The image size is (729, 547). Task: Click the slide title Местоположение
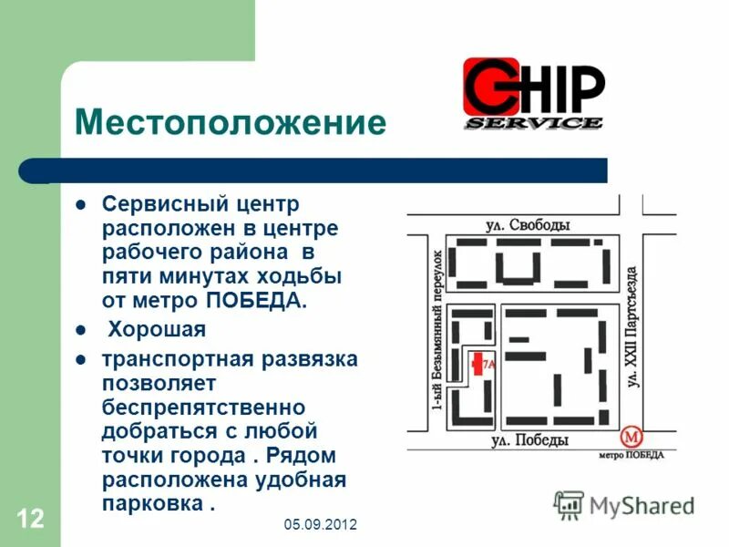[230, 122]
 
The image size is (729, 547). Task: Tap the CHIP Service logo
[533, 95]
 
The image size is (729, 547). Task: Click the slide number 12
[29, 520]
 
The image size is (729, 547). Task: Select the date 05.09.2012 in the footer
[320, 525]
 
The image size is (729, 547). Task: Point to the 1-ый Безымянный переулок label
[437, 327]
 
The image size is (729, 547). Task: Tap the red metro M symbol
[630, 437]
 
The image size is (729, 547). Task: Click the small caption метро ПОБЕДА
[631, 455]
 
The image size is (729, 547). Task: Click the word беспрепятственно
[203, 404]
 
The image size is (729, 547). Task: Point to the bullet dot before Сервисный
[80, 202]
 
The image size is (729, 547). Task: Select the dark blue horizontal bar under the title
[314, 170]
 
